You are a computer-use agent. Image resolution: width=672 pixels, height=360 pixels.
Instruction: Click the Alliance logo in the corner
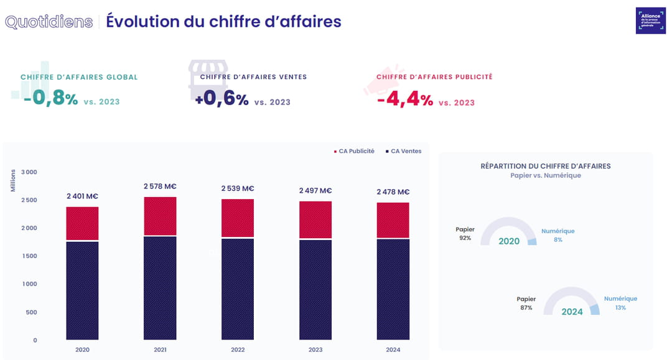(x=650, y=21)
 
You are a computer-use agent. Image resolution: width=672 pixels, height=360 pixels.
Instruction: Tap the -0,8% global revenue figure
(x=51, y=99)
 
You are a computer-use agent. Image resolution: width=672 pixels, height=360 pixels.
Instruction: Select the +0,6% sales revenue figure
(x=222, y=99)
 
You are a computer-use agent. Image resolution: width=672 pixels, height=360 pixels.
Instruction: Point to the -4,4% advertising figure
(x=405, y=99)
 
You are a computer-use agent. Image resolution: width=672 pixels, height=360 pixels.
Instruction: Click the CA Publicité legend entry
(x=354, y=151)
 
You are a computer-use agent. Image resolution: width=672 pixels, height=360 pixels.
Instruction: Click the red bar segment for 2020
(x=82, y=223)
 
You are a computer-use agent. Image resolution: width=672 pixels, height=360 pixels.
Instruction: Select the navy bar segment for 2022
(x=238, y=288)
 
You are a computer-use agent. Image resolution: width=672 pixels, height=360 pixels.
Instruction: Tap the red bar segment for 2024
(x=393, y=220)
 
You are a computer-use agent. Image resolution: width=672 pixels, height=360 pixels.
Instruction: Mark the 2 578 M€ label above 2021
(x=160, y=186)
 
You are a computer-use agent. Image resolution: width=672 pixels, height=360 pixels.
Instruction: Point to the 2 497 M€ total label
(x=315, y=190)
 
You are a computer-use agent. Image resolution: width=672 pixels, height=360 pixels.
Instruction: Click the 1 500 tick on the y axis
(x=29, y=256)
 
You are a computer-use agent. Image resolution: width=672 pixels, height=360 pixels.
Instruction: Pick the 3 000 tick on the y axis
(x=29, y=172)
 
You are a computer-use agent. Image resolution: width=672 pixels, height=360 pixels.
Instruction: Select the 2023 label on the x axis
(x=315, y=350)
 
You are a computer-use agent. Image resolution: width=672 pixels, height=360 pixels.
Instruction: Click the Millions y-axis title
(x=13, y=178)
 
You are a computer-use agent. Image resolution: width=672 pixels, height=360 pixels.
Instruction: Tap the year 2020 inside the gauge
(x=508, y=241)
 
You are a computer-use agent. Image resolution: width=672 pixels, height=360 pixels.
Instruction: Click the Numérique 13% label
(x=620, y=303)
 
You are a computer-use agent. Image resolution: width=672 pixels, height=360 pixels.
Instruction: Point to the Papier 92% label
(x=465, y=234)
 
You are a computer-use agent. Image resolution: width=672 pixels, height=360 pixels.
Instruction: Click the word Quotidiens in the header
(x=49, y=21)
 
